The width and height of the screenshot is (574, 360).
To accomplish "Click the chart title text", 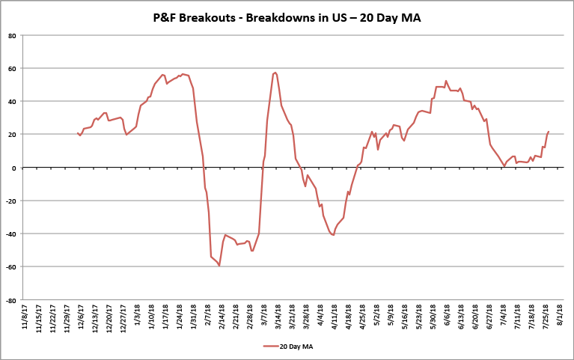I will coord(287,16).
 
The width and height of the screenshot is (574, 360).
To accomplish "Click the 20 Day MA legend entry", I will coord(290,346).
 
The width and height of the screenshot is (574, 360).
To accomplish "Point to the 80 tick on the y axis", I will coord(13,35).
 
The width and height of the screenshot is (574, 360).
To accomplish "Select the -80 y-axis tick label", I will coord(11,300).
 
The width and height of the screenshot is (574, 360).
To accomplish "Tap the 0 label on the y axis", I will coord(14,168).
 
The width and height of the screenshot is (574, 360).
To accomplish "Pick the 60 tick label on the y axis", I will coord(13,68).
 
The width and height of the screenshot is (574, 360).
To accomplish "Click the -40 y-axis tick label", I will coord(11,234).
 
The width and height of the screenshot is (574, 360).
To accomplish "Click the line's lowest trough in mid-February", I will coord(219,266).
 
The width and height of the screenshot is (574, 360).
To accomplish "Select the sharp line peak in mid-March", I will coord(275,73).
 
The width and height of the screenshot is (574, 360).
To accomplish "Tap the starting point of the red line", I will coord(77,133).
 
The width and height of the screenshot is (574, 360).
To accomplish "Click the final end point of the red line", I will coord(549,132).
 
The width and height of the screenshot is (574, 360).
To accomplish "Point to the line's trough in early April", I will coord(333,235).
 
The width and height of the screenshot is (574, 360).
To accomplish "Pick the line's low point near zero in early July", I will coord(504,165).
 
